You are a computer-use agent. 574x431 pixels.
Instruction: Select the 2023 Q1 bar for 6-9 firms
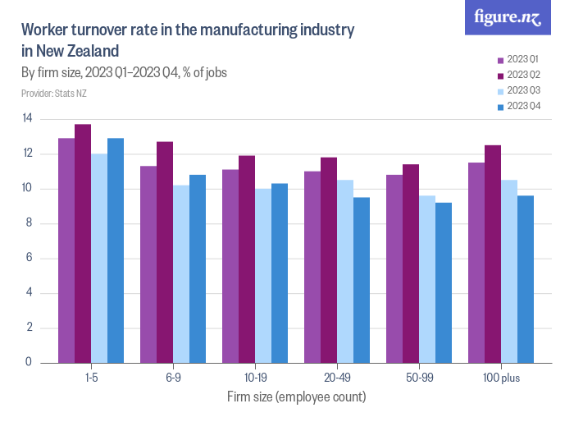(148, 264)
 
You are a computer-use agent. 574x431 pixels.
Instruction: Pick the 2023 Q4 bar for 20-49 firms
(362, 279)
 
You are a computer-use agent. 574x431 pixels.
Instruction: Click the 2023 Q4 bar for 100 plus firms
(526, 278)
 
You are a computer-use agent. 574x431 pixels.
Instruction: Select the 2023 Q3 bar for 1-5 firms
(99, 258)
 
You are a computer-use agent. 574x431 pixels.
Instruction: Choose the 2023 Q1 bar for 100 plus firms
(476, 262)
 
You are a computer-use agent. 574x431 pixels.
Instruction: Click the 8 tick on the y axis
(30, 223)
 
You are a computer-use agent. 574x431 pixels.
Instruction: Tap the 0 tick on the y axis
(30, 362)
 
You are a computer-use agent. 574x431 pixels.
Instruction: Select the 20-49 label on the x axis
(337, 378)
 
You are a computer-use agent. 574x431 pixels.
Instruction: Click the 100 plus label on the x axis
(501, 378)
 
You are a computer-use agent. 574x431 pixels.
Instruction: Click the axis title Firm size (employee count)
(296, 397)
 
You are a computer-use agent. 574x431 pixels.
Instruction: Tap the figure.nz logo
(508, 17)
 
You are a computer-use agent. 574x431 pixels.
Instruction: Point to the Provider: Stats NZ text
(54, 94)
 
